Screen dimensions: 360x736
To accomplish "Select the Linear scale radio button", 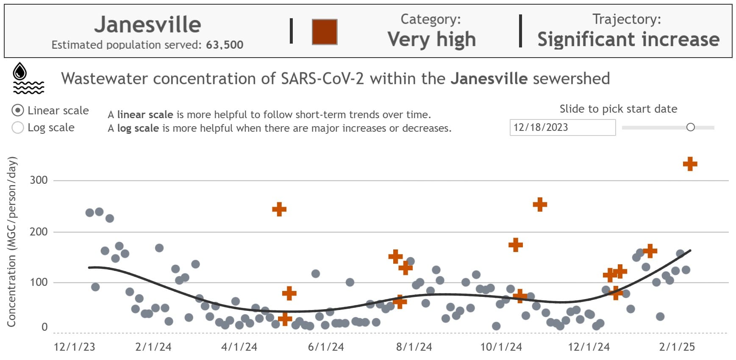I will pos(18,111).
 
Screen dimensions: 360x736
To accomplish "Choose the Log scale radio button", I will pos(18,127).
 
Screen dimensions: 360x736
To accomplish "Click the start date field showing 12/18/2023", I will pos(562,127).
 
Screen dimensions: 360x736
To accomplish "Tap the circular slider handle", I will pos(690,127).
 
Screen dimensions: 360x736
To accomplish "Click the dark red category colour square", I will pos(324,32).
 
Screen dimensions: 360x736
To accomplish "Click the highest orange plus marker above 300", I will pos(690,164).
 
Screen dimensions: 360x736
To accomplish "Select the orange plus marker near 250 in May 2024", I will pos(279,209).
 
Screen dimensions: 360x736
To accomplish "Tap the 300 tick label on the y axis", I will pos(39,180).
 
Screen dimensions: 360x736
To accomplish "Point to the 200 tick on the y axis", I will pos(39,232).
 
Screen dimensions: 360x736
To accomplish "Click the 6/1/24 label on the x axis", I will pos(325,347).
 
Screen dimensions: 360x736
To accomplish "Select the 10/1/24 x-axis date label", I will pos(501,347).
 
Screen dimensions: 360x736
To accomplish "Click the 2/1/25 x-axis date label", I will pos(677,347).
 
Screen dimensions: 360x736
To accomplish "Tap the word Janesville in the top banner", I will pos(147,25).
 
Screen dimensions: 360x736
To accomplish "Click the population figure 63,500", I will pos(225,45).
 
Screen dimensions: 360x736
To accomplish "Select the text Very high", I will pos(431,39).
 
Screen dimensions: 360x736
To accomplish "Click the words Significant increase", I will pos(628,39).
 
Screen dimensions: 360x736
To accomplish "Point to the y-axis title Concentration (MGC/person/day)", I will pos(11,241).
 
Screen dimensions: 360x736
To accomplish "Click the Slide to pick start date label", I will pos(618,109).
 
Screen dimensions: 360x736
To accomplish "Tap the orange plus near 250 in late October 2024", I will pos(539,205).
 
